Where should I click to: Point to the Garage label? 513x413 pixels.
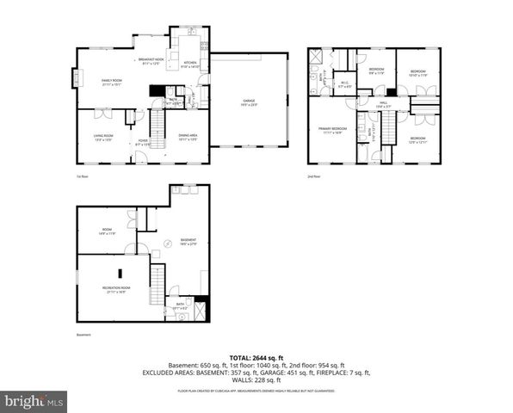[x=249, y=102]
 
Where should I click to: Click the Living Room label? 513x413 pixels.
[x=103, y=137]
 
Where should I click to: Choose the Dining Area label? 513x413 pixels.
[x=188, y=136]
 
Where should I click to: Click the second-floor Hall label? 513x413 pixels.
[x=383, y=104]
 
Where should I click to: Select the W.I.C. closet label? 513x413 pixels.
[x=344, y=85]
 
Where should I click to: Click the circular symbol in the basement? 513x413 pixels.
[x=169, y=243]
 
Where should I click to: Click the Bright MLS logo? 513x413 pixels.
[x=34, y=400]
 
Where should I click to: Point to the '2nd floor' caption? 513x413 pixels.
[x=313, y=176]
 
